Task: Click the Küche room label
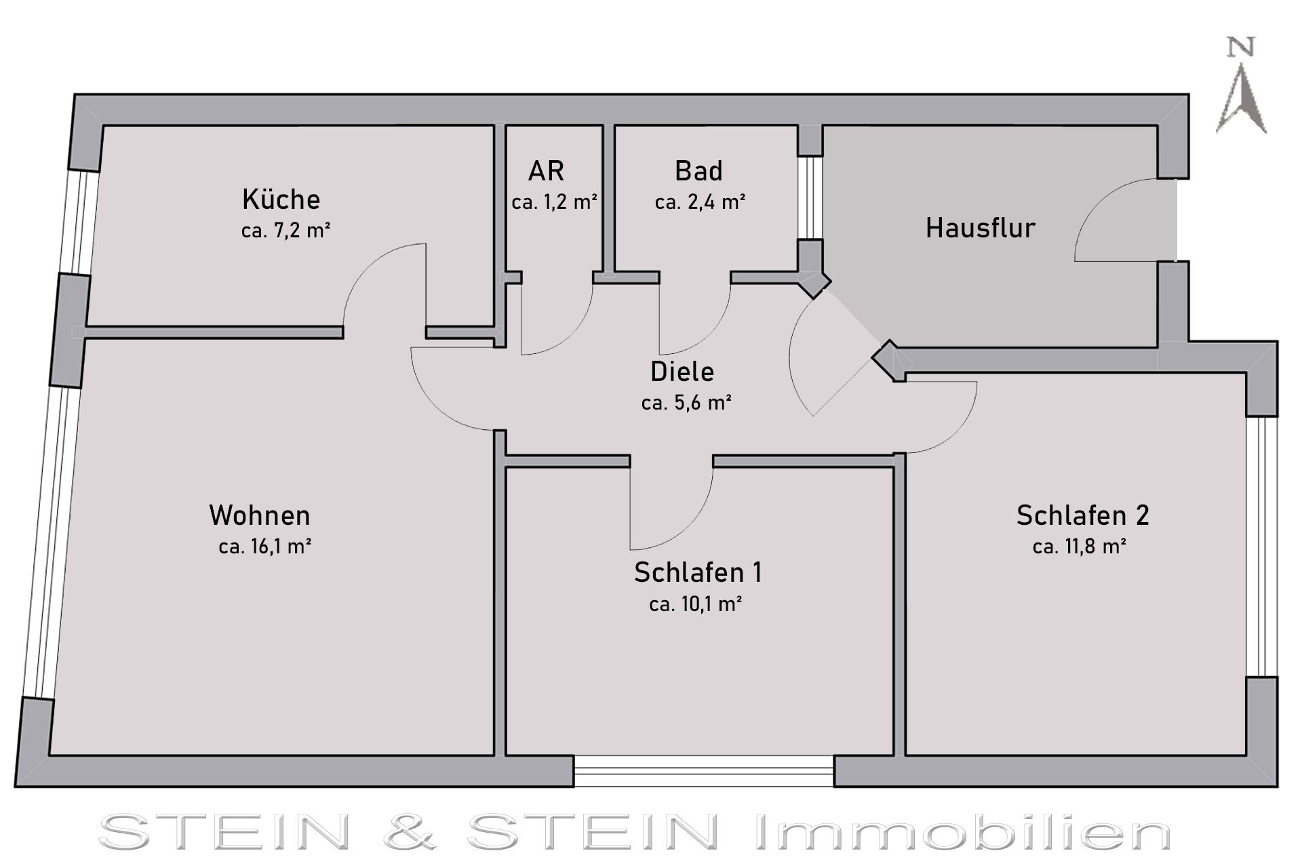click(281, 199)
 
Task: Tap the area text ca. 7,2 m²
click(285, 231)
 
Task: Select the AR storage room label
click(546, 171)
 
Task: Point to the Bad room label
click(698, 171)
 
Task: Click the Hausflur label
click(981, 228)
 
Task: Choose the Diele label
click(682, 372)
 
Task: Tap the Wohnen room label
click(260, 515)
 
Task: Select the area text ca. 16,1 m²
click(265, 547)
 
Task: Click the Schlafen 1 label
click(698, 572)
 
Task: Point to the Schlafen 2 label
click(1082, 515)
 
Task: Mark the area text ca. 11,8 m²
click(1080, 547)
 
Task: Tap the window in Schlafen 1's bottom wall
click(704, 771)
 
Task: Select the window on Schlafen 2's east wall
click(1261, 547)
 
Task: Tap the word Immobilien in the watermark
click(963, 832)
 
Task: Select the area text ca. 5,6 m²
click(686, 403)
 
